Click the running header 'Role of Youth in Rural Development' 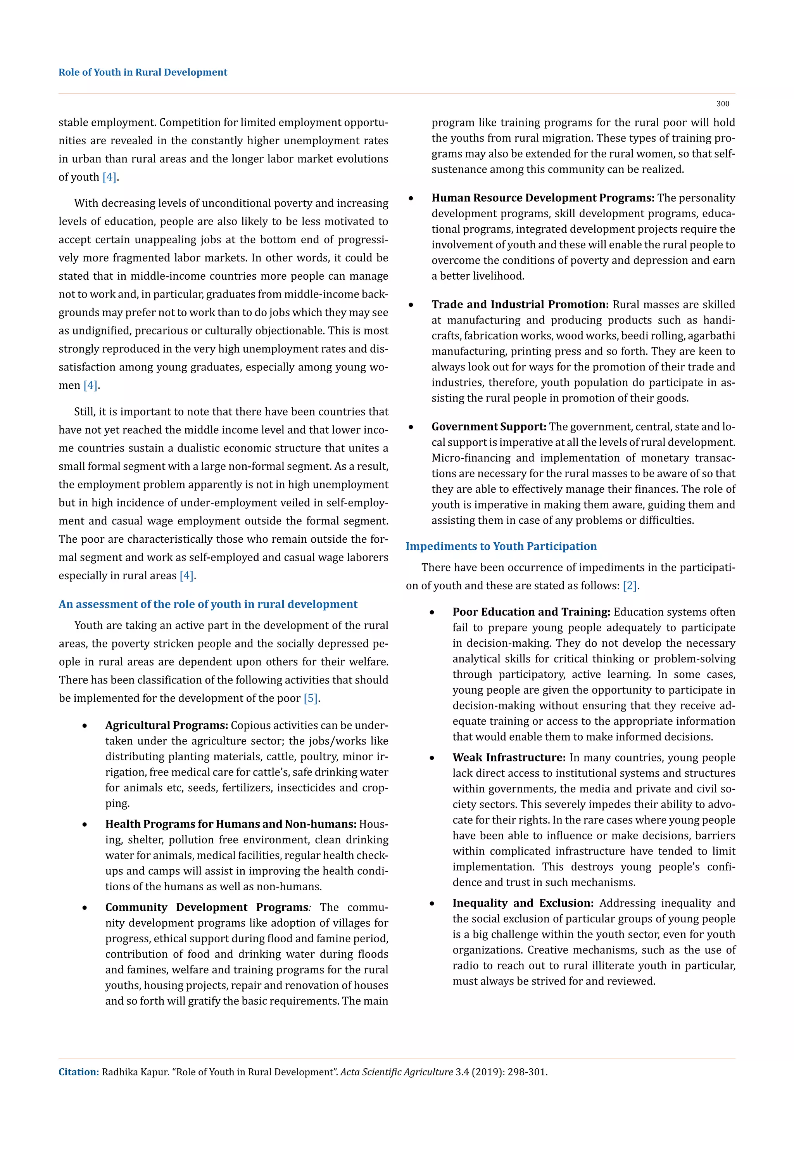point(143,72)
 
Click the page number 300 point(722,104)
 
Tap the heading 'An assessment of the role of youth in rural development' point(208,604)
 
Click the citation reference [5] point(311,698)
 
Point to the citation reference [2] point(630,586)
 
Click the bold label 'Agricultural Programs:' point(166,725)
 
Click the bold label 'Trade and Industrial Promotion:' point(520,305)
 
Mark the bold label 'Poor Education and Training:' point(531,612)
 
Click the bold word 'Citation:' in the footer point(79,1072)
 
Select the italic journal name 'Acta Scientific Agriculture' point(397,1072)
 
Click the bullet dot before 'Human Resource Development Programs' point(411,199)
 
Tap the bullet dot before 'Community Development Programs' point(85,908)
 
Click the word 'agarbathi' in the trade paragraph point(713,336)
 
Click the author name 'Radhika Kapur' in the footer point(135,1072)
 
